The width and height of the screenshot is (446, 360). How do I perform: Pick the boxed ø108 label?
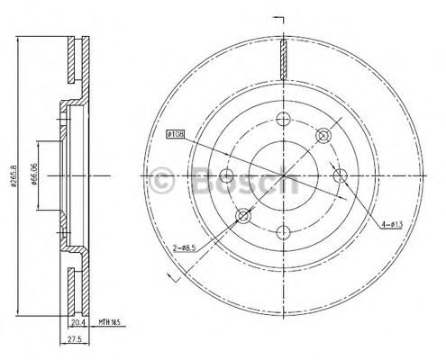(x=177, y=136)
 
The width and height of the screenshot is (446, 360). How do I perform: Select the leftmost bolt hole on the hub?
(x=226, y=175)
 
